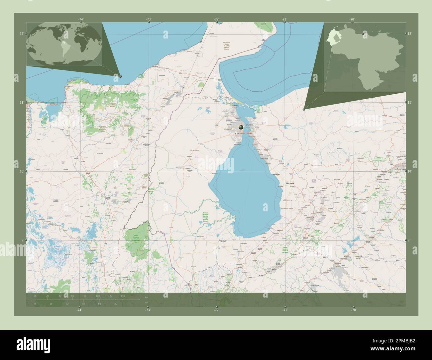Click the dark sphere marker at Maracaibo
(241, 127)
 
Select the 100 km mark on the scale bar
(98, 296)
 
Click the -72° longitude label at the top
(217, 19)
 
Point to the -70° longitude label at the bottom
(353, 310)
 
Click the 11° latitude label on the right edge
(410, 102)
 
